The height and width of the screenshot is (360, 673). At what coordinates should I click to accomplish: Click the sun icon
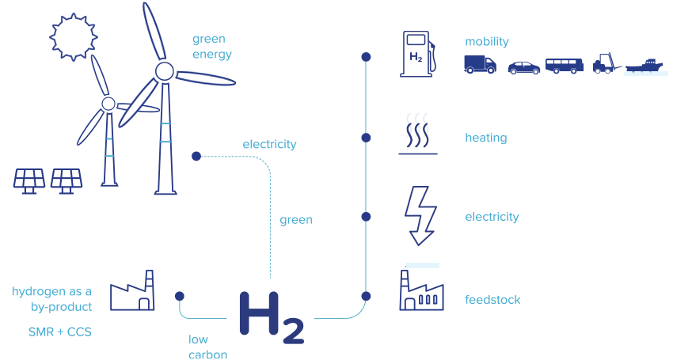click(74, 37)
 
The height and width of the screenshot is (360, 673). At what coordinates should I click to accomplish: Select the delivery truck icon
click(480, 64)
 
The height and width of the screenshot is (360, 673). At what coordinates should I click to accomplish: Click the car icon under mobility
click(523, 68)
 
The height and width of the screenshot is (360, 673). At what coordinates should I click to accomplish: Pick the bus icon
click(565, 66)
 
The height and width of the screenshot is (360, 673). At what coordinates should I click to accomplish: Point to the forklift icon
click(606, 63)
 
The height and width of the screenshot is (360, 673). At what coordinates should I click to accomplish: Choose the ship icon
click(644, 66)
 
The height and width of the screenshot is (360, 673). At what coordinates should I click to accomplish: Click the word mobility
click(487, 42)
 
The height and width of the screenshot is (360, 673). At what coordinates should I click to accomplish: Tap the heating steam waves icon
click(417, 134)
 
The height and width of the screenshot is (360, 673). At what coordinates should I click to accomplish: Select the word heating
click(486, 138)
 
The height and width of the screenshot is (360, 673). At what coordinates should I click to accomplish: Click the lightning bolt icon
click(420, 216)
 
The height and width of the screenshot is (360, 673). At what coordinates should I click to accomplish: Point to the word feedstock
click(492, 300)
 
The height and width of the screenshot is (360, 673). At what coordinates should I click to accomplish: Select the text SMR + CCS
click(59, 332)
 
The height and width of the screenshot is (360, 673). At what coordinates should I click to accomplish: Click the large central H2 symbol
click(272, 317)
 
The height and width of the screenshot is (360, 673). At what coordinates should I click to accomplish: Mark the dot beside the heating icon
click(366, 138)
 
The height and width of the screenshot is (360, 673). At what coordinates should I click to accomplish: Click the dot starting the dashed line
click(196, 156)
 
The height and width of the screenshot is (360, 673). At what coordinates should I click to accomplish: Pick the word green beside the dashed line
click(296, 220)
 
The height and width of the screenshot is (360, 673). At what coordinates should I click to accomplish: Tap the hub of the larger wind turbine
click(165, 71)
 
